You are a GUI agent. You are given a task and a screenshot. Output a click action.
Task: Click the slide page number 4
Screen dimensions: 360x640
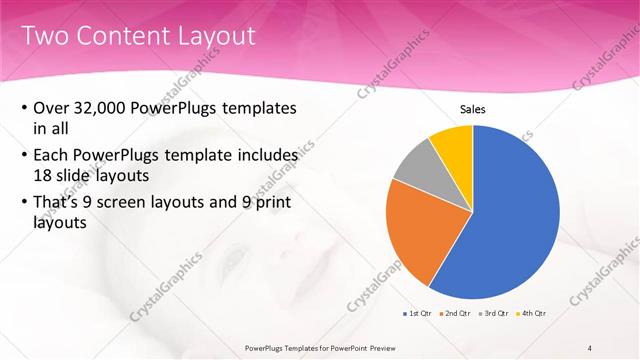click(590, 347)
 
